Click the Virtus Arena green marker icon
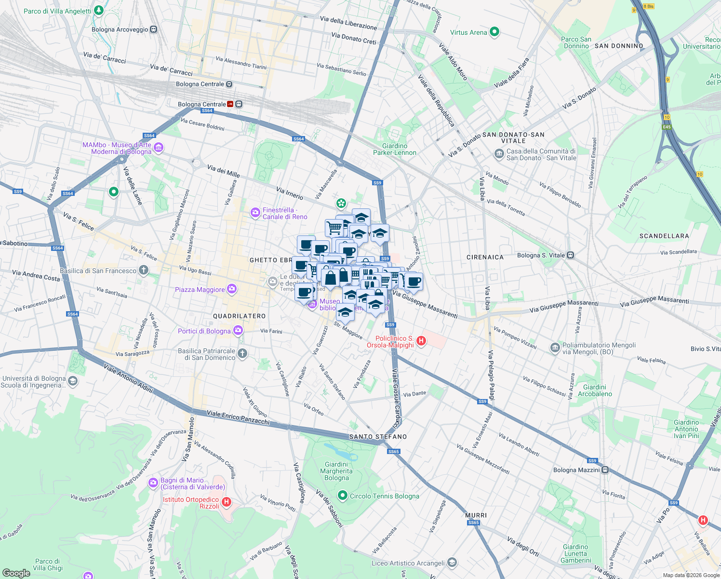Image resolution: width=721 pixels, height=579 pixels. [494, 32]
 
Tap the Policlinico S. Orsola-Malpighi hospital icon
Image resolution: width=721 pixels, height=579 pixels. [421, 342]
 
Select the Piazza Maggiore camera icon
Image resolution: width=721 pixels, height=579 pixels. [232, 289]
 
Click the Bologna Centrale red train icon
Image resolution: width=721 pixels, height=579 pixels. [230, 104]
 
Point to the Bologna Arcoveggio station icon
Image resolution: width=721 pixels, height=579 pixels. [153, 29]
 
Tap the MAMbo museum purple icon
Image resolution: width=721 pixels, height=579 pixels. [159, 148]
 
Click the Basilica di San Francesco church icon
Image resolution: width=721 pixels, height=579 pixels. [143, 270]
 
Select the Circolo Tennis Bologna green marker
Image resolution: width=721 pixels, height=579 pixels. [343, 496]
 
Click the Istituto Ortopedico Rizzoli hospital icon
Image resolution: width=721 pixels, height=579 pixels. [226, 502]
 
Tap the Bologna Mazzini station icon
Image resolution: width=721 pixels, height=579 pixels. [605, 469]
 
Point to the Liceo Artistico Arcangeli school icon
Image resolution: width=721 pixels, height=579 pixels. [452, 563]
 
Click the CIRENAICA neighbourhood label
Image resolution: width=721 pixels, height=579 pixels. [485, 257]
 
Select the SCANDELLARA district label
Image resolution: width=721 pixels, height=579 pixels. [664, 236]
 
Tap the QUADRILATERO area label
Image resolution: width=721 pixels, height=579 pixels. [240, 316]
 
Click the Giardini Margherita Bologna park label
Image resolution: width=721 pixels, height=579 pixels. [336, 471]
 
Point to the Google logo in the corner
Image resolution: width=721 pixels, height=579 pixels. [16, 573]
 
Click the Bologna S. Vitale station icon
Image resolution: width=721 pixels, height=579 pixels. [570, 255]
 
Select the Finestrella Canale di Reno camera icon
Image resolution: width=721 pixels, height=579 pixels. [255, 212]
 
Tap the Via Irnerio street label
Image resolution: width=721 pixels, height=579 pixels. [290, 193]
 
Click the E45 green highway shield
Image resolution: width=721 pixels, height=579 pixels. [667, 127]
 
